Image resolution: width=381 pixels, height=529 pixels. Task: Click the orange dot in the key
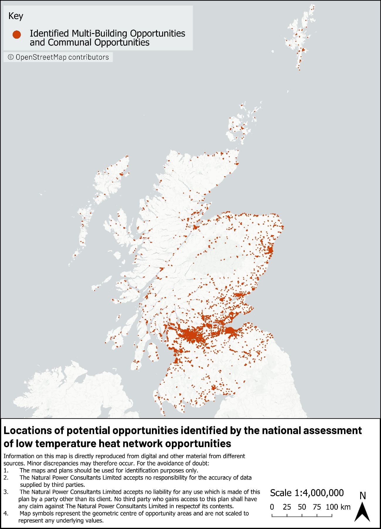[x=17, y=35]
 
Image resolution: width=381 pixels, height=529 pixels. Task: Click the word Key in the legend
[x=16, y=16]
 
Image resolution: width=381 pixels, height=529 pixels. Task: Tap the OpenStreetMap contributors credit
[x=58, y=57]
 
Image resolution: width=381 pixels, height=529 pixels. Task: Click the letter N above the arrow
[x=363, y=496]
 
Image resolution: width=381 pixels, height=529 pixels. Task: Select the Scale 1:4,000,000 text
[x=307, y=493]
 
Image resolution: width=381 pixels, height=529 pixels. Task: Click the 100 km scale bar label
[x=338, y=507]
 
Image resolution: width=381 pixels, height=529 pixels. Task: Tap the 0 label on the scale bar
[x=272, y=507]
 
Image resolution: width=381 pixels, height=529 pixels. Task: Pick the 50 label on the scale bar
[x=302, y=507]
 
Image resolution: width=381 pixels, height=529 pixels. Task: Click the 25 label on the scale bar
[x=287, y=507]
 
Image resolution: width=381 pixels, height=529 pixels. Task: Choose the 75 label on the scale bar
[x=317, y=507]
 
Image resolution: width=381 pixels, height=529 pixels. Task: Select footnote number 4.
[x=6, y=513]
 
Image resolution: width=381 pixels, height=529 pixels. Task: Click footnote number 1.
[x=6, y=471]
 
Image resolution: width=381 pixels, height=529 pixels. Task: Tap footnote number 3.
[x=6, y=492]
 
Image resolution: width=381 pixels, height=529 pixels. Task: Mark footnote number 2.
[x=6, y=478]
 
